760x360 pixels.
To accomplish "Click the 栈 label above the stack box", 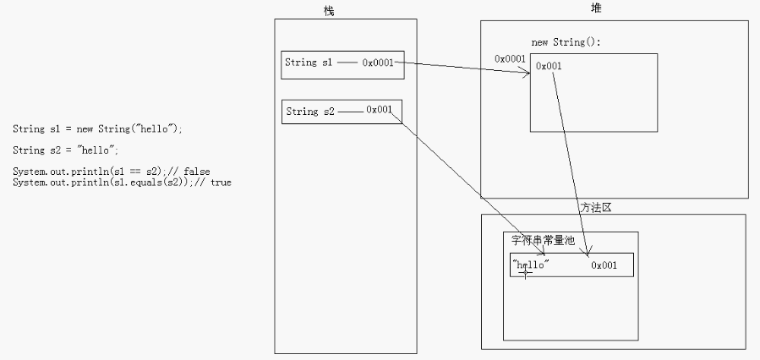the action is pyautogui.click(x=329, y=11).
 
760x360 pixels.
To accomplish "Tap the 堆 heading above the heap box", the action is pyautogui.click(x=596, y=8).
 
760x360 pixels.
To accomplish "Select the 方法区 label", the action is pyautogui.click(x=596, y=207).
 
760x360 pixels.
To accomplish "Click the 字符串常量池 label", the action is pyautogui.click(x=543, y=240).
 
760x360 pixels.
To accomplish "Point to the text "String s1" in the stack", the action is pyautogui.click(x=309, y=63).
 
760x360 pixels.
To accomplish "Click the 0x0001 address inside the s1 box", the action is pyautogui.click(x=378, y=63).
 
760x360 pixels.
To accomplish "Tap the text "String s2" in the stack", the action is pyautogui.click(x=310, y=112).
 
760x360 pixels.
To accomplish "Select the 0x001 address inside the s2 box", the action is pyautogui.click(x=379, y=110).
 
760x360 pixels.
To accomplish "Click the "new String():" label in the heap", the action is pyautogui.click(x=566, y=42).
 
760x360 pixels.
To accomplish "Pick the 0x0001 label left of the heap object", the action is pyautogui.click(x=510, y=58).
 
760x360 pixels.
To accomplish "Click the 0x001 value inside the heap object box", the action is pyautogui.click(x=549, y=66).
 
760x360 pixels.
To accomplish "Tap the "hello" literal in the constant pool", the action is pyautogui.click(x=531, y=265).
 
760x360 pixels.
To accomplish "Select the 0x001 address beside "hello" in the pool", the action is pyautogui.click(x=604, y=265).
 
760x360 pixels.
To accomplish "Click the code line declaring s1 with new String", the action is pyautogui.click(x=97, y=129).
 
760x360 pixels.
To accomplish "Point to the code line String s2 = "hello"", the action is pyautogui.click(x=65, y=150).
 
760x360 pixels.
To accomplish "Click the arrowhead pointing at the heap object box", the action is pyautogui.click(x=526, y=74).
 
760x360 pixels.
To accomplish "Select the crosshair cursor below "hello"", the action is pyautogui.click(x=526, y=273).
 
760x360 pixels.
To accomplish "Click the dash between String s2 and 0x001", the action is pyautogui.click(x=351, y=112).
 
